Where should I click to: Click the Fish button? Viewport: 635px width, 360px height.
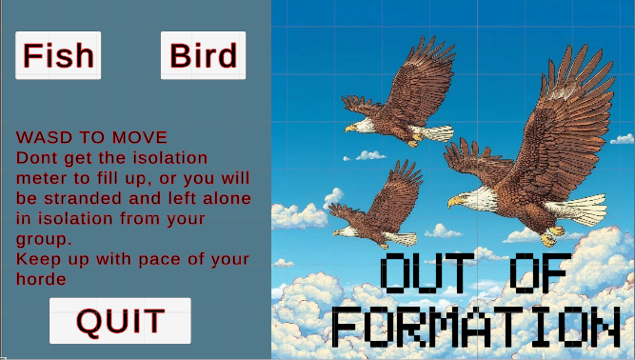(x=58, y=55)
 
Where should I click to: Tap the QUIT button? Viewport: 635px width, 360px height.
(x=120, y=321)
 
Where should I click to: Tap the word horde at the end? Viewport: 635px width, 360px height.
(x=41, y=279)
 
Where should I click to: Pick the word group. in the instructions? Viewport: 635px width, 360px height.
(x=44, y=240)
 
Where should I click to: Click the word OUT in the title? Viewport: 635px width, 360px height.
(x=427, y=273)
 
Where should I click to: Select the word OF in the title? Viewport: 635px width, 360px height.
(x=538, y=273)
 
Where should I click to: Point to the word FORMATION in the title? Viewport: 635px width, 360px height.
(x=476, y=327)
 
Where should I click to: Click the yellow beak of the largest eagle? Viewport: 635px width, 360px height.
(x=455, y=201)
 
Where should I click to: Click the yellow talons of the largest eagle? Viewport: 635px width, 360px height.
(x=551, y=236)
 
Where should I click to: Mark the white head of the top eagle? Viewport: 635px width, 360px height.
(x=363, y=126)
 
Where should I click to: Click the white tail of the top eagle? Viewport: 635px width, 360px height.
(x=432, y=133)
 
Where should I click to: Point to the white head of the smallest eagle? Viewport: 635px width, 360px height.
(x=346, y=232)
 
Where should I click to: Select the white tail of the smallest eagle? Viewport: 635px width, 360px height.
(x=402, y=238)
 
